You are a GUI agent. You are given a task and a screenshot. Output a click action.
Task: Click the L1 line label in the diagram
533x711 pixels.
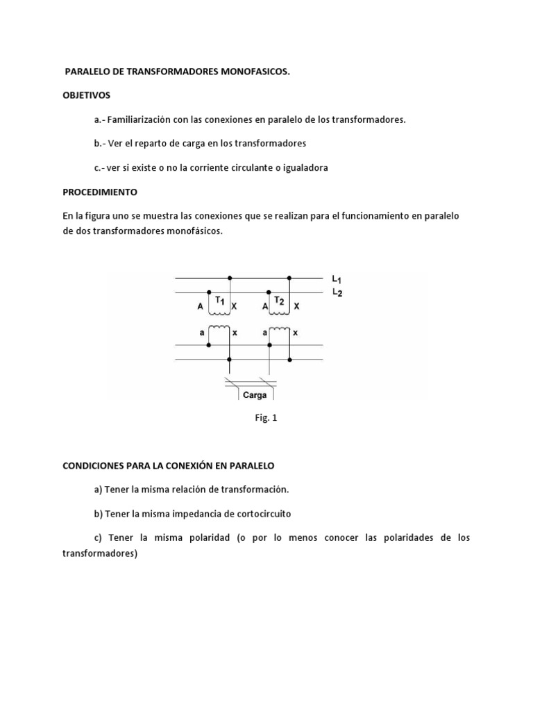(x=336, y=279)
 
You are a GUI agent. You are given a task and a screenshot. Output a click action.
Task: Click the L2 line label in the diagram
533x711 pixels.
(x=336, y=292)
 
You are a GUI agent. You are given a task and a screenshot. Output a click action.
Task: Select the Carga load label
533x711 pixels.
(x=255, y=394)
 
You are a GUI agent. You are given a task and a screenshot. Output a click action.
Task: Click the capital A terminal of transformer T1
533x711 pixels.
(x=201, y=306)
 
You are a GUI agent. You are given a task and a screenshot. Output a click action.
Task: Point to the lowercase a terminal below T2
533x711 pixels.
(x=264, y=333)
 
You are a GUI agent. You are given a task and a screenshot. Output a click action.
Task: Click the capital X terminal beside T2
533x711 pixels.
(x=296, y=306)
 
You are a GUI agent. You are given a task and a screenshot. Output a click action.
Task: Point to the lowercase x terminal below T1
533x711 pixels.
(x=235, y=333)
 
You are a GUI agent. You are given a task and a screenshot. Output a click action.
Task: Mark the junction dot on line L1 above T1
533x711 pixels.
(x=230, y=278)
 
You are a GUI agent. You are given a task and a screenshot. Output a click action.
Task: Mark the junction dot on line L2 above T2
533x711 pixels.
(x=269, y=292)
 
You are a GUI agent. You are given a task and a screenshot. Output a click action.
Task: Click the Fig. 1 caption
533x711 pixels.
(x=266, y=419)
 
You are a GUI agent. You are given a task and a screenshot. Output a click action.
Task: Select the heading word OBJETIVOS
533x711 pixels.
(x=86, y=95)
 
